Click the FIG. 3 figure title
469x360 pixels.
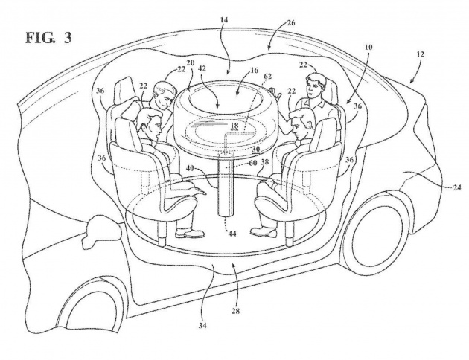tap(48, 38)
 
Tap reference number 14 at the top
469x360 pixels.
tap(224, 20)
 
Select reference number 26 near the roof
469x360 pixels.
tap(290, 23)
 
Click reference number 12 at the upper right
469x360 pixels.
tap(420, 54)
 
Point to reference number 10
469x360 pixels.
tap(368, 47)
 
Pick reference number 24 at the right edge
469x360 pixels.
tap(457, 187)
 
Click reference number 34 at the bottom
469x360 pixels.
tap(202, 325)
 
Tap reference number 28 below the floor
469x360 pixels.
tap(236, 311)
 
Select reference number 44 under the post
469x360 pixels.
tap(232, 234)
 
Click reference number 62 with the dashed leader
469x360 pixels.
tap(268, 77)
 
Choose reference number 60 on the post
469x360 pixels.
tap(253, 162)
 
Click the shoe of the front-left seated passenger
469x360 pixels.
tap(190, 233)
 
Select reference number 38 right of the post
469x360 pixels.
tap(265, 162)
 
